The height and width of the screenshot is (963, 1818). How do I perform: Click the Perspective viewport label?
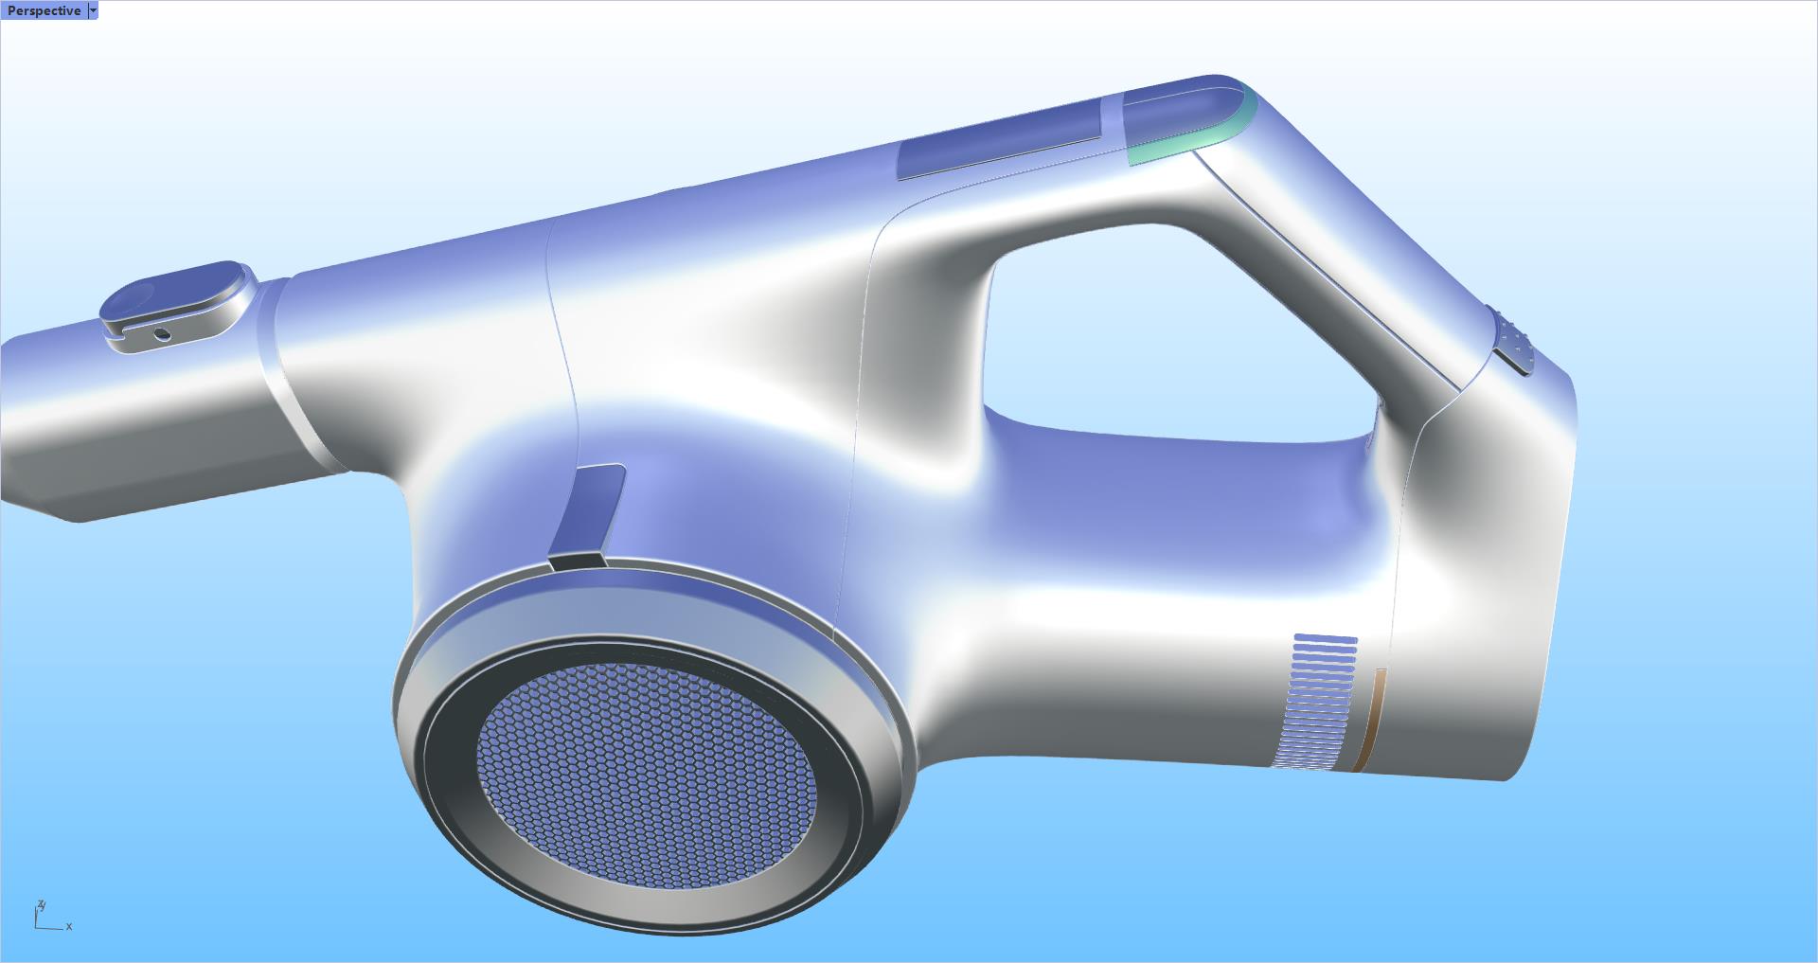[x=44, y=10]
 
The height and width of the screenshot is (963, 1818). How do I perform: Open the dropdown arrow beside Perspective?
[x=92, y=10]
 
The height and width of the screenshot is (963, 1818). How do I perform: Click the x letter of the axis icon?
[x=69, y=926]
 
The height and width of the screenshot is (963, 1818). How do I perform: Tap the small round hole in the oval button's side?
[x=163, y=333]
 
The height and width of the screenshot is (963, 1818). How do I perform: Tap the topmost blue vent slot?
[x=1325, y=639]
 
